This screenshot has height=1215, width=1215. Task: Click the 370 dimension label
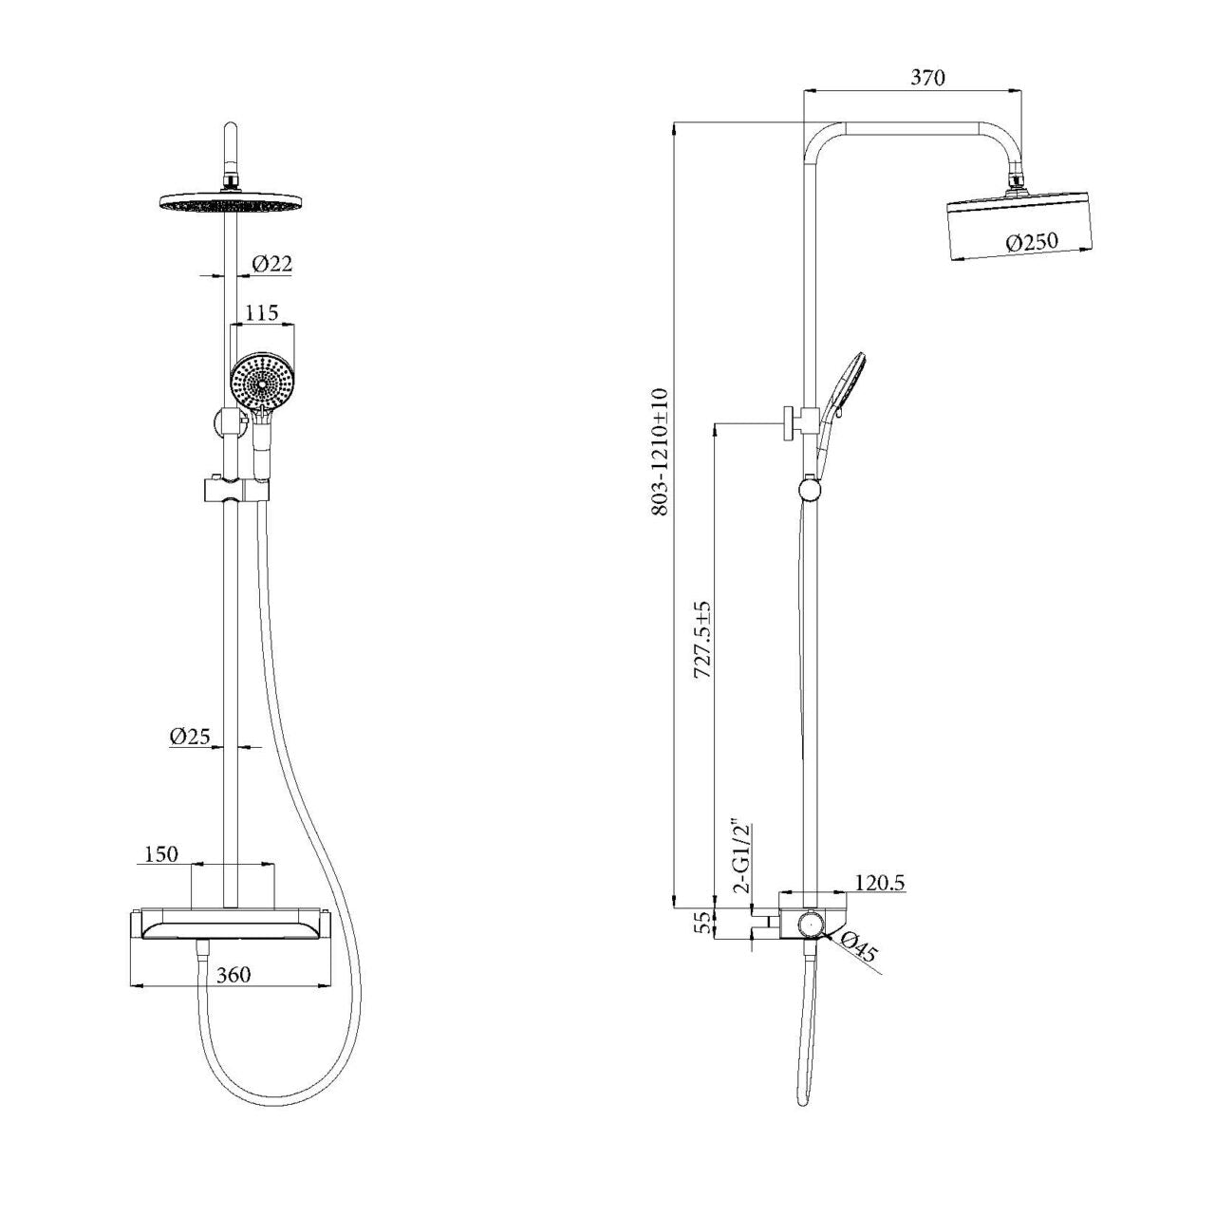coord(927,78)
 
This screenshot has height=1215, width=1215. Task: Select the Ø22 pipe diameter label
coord(271,265)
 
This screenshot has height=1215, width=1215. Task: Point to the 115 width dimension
coord(261,312)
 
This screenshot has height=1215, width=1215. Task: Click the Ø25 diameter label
coord(190,736)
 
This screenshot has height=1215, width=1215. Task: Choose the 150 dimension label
coord(160,854)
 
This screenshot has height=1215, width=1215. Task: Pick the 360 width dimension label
coord(234,975)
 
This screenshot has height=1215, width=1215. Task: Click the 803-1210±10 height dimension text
coord(662,452)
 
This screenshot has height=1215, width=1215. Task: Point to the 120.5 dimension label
coord(880,883)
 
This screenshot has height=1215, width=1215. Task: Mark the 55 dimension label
coord(703,924)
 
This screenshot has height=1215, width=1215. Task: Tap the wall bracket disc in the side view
coord(788,421)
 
